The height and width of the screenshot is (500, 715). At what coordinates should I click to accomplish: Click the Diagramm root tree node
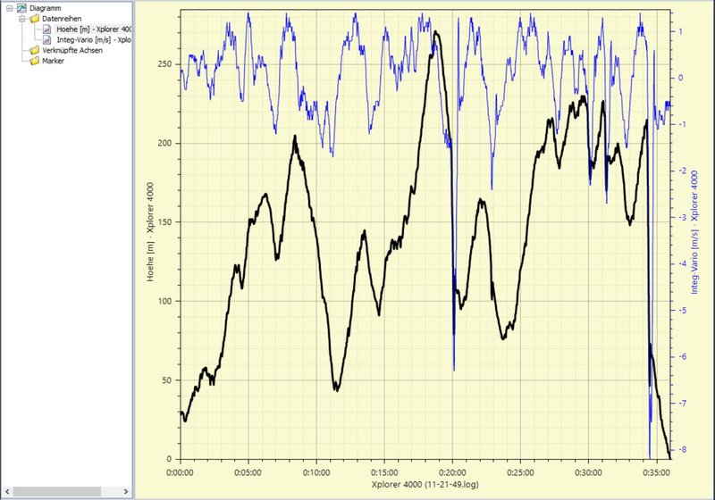(45, 7)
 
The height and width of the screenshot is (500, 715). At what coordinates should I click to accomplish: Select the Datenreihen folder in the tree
(62, 18)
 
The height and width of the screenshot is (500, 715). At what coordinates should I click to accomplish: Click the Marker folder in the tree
(54, 61)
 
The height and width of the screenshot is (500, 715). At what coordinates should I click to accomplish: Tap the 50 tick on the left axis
(164, 380)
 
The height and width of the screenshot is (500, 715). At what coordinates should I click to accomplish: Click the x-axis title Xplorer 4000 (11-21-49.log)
(425, 484)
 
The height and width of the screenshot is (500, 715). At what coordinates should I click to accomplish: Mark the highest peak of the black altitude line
(436, 32)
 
